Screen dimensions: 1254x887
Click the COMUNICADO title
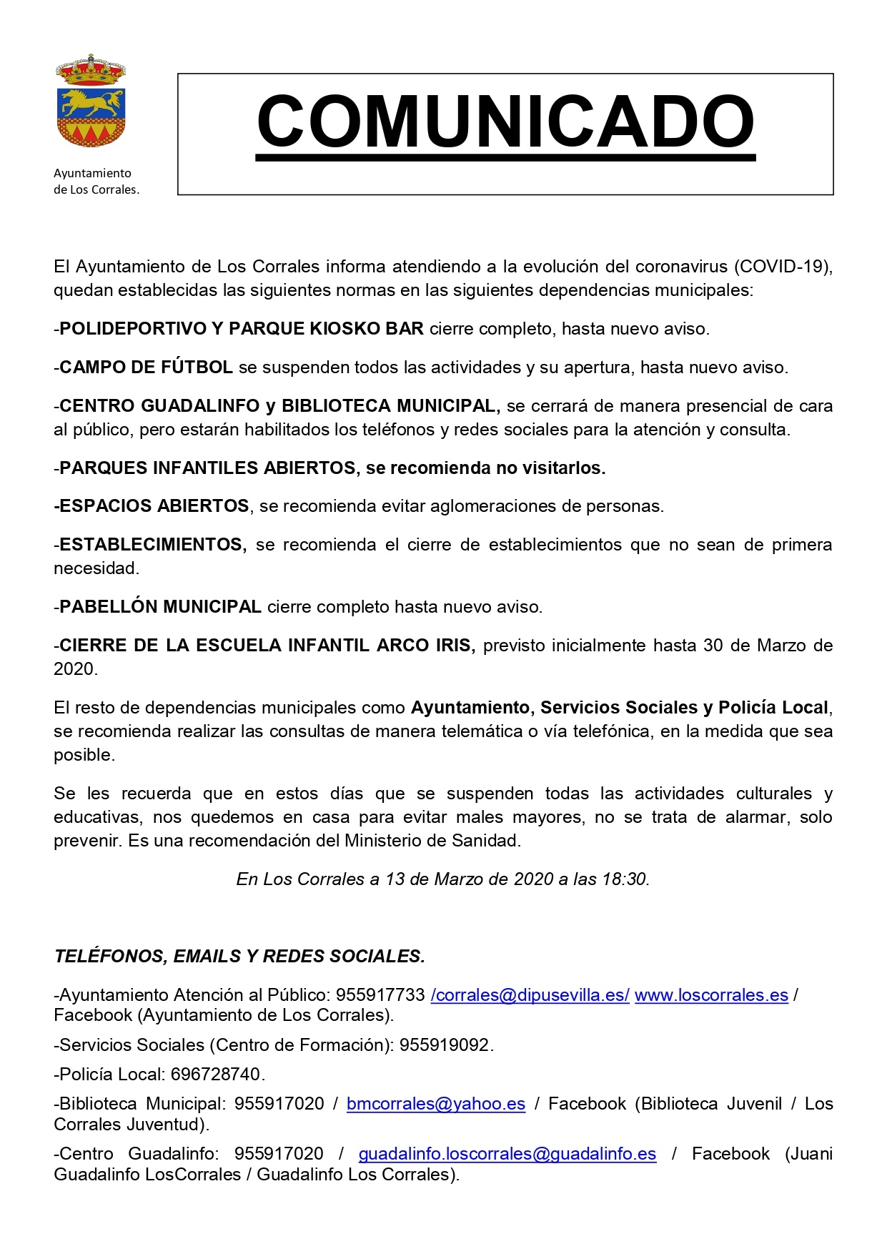pyautogui.click(x=505, y=122)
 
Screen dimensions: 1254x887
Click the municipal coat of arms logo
pyautogui.click(x=91, y=102)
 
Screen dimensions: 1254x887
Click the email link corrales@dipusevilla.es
pyautogui.click(x=530, y=995)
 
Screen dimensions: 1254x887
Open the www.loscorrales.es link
pyautogui.click(x=711, y=995)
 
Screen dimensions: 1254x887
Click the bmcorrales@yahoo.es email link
pyautogui.click(x=436, y=1104)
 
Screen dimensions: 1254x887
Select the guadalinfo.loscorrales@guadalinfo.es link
pyautogui.click(x=507, y=1154)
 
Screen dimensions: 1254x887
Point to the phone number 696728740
pyautogui.click(x=217, y=1075)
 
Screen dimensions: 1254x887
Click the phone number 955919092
pyautogui.click(x=445, y=1045)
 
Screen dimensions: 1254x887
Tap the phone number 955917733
pyautogui.click(x=380, y=995)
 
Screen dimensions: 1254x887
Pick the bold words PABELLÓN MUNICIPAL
pyautogui.click(x=160, y=607)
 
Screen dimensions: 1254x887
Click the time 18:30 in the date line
pyautogui.click(x=624, y=879)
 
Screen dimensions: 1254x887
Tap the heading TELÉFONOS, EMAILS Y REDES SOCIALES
pyautogui.click(x=239, y=957)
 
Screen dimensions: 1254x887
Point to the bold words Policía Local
pyautogui.click(x=773, y=708)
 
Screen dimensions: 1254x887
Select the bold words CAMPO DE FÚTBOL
pyautogui.click(x=146, y=367)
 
